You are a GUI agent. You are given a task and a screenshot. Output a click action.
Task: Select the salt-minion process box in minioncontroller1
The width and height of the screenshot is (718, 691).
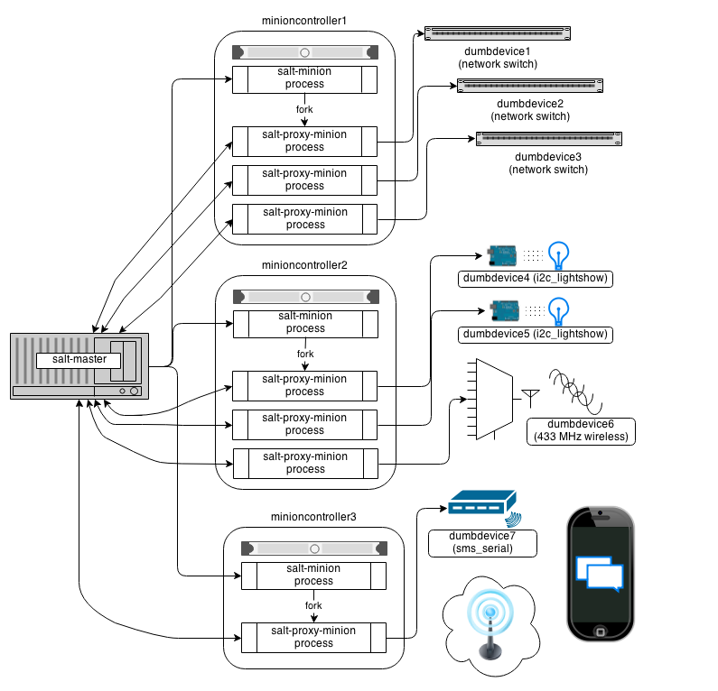pyautogui.click(x=305, y=78)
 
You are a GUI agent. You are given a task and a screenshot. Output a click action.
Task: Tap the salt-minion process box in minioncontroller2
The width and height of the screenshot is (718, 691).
pyautogui.click(x=305, y=323)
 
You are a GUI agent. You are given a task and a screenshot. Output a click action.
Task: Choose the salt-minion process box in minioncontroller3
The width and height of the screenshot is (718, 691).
pyautogui.click(x=313, y=575)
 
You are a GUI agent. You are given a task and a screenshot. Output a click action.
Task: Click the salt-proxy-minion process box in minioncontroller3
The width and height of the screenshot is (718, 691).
pyautogui.click(x=313, y=638)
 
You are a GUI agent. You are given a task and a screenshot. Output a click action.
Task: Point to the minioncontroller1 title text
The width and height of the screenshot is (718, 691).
pyautogui.click(x=304, y=21)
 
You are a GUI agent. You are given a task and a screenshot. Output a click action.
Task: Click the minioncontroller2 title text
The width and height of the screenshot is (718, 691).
pyautogui.click(x=304, y=266)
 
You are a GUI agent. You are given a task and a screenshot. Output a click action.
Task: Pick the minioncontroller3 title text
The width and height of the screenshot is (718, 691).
pyautogui.click(x=313, y=517)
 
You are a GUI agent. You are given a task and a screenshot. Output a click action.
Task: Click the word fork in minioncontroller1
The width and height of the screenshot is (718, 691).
pyautogui.click(x=305, y=110)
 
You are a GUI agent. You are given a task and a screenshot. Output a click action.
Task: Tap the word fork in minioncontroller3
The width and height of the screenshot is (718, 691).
pyautogui.click(x=313, y=606)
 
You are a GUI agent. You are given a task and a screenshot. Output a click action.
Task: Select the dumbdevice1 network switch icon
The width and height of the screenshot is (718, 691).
pyautogui.click(x=498, y=33)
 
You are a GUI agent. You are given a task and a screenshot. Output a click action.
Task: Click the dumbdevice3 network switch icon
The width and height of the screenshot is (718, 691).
pyautogui.click(x=549, y=139)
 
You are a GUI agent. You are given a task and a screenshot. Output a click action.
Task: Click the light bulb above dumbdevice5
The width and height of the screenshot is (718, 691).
pyautogui.click(x=561, y=310)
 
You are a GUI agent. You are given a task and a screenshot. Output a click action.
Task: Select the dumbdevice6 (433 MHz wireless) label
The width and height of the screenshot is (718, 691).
pyautogui.click(x=581, y=430)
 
